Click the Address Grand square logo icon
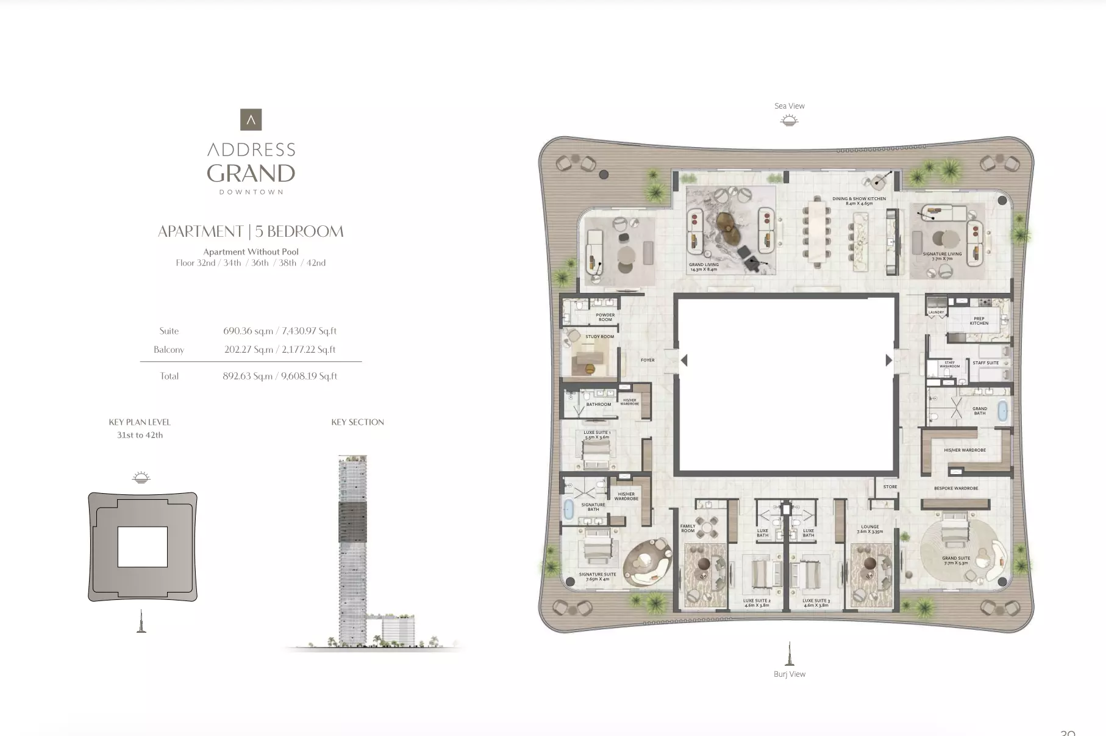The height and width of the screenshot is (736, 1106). [x=251, y=120]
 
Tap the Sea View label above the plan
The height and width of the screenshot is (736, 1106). [x=789, y=106]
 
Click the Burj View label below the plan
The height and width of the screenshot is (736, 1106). [x=789, y=674]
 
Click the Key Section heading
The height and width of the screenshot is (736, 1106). [x=357, y=422]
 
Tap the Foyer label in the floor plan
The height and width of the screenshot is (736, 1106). [x=648, y=360]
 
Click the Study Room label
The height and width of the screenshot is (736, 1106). [x=599, y=336]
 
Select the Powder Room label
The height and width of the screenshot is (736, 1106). [x=605, y=317]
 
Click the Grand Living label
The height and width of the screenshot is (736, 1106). [x=704, y=267]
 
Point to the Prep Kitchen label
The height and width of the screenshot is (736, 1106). [x=979, y=320]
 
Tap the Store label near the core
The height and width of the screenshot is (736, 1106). [x=890, y=486]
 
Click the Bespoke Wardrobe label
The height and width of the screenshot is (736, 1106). [x=955, y=488]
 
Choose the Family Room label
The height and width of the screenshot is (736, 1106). [x=687, y=529]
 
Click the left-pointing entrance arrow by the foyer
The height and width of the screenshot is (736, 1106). [x=684, y=361]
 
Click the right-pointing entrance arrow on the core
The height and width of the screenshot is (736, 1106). [x=888, y=361]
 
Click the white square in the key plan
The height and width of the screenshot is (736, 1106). [x=142, y=547]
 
